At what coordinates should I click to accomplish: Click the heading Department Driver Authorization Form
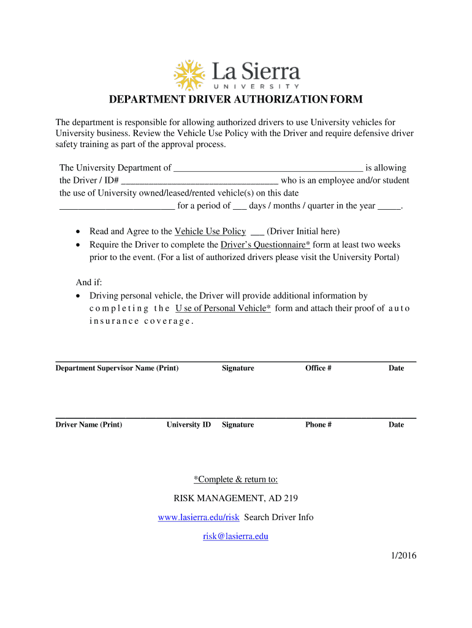point(236,99)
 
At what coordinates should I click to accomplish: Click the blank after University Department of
point(268,168)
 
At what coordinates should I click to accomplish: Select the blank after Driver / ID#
point(200,181)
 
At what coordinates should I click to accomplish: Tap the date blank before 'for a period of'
point(116,206)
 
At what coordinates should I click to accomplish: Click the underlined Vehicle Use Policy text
point(210,231)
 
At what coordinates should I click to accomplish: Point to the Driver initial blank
point(257,232)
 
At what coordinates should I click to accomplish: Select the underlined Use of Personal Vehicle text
point(223,308)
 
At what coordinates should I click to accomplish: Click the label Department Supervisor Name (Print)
point(117,368)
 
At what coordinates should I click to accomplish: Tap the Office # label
point(318,368)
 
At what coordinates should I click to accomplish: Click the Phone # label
point(318,424)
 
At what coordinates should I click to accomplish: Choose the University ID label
point(189,424)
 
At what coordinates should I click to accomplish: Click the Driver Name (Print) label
point(89,424)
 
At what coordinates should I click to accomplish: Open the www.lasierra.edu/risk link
point(199,517)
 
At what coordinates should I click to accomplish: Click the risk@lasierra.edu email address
point(236,536)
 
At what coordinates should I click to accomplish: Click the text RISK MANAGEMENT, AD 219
point(236,498)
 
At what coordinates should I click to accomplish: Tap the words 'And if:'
point(89,282)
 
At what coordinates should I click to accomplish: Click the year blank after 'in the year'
point(389,206)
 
